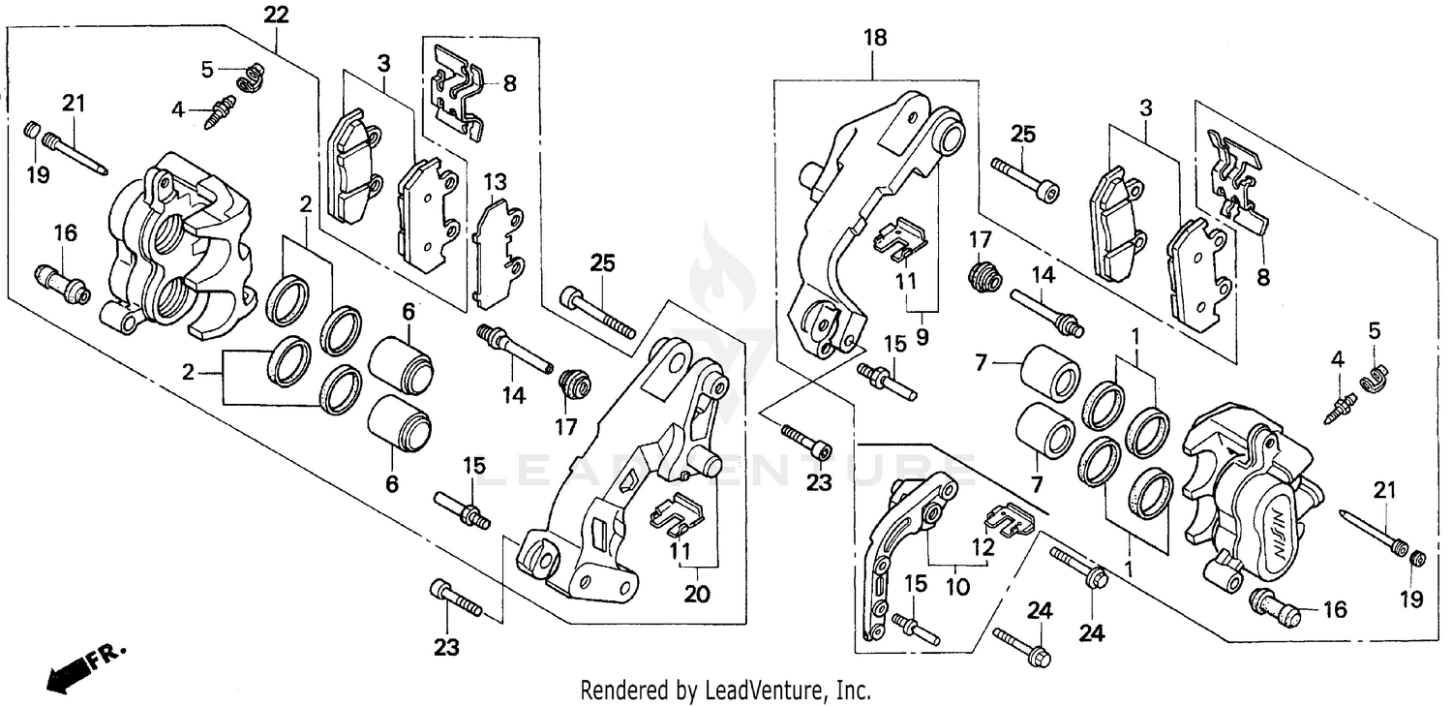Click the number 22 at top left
tap(276, 15)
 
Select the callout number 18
tap(875, 38)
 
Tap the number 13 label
tap(495, 182)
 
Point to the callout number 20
tap(697, 594)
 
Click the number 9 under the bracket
tap(923, 339)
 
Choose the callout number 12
tap(983, 546)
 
